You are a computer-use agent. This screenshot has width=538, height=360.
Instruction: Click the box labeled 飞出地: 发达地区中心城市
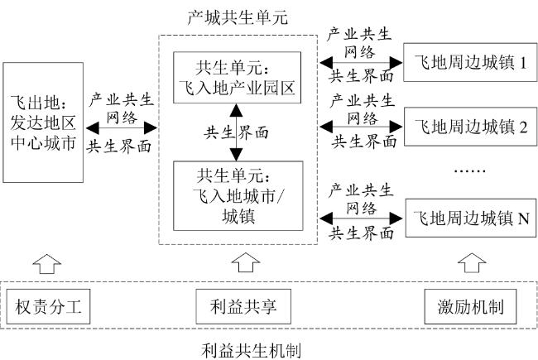[x=43, y=122]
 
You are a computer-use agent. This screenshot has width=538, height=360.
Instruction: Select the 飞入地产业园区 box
[x=237, y=78]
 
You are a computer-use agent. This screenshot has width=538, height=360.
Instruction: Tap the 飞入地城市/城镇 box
[x=238, y=195]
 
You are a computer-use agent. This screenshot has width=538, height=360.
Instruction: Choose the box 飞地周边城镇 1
[x=470, y=62]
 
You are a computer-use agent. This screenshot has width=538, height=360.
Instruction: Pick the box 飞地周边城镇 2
[x=470, y=127]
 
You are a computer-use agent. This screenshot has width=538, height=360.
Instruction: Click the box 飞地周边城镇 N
[x=471, y=218]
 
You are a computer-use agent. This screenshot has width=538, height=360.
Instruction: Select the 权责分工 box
[x=48, y=306]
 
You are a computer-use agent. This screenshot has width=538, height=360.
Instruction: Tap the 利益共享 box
[x=243, y=306]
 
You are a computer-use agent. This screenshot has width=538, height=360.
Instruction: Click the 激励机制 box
[x=470, y=306]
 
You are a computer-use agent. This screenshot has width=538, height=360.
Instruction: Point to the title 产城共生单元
[x=238, y=17]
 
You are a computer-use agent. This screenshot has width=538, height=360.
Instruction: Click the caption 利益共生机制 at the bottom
[x=251, y=351]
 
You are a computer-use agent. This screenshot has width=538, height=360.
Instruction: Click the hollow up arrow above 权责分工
[x=47, y=264]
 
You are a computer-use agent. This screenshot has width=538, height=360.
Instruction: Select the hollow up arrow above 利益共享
[x=246, y=263]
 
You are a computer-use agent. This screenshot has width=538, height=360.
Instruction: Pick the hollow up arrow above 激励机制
[x=472, y=263]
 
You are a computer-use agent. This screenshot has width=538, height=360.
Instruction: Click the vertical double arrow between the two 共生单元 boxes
[x=237, y=132]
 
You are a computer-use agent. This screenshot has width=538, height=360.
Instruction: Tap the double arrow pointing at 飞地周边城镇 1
[x=361, y=62]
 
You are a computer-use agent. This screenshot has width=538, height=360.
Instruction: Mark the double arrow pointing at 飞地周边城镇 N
[x=361, y=218]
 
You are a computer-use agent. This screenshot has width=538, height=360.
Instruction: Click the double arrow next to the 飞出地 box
[x=122, y=128]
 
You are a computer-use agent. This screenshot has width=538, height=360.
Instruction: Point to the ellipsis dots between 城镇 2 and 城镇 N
[x=470, y=170]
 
